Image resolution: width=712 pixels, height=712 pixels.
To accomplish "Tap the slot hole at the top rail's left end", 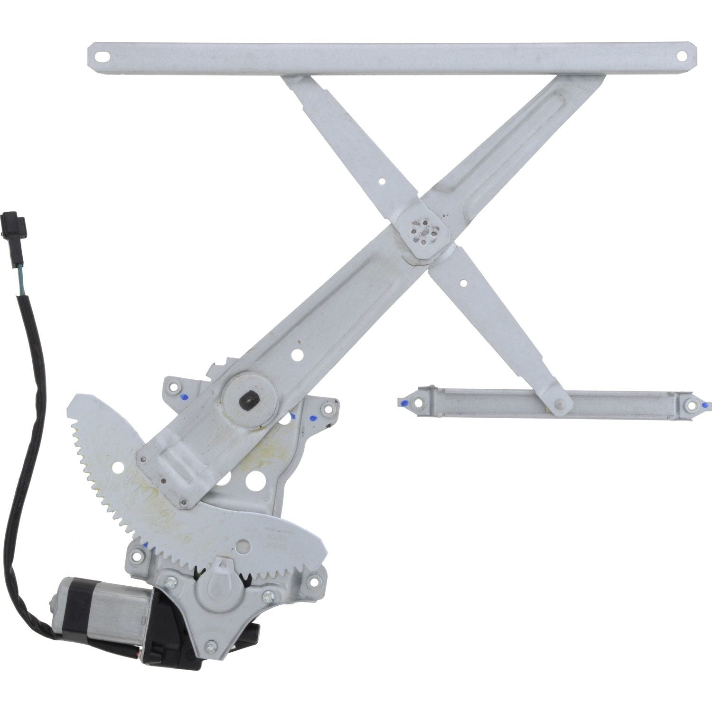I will click(101, 55).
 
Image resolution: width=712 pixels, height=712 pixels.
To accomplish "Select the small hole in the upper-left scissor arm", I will click(382, 180).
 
